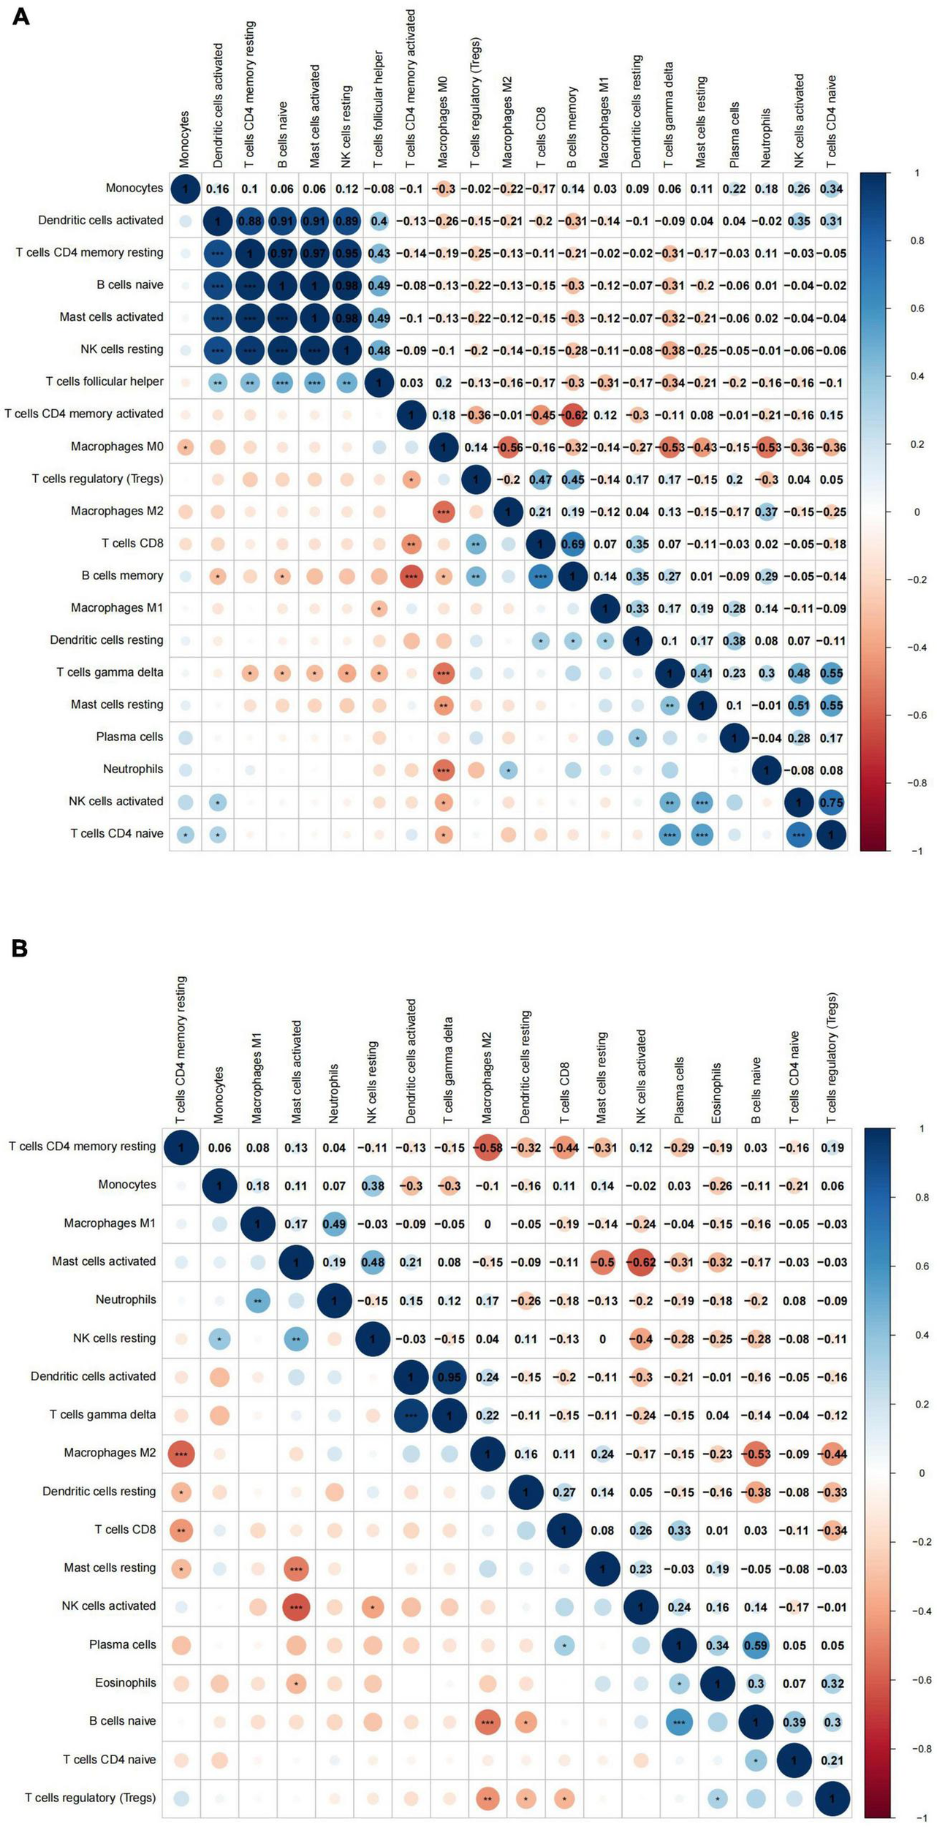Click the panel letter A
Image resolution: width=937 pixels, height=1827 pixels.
pyautogui.click(x=20, y=17)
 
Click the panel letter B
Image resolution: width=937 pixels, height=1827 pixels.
pyautogui.click(x=20, y=949)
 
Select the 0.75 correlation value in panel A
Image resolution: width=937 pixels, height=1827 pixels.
pyautogui.click(x=831, y=802)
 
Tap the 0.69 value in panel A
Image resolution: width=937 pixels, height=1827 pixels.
pyautogui.click(x=572, y=544)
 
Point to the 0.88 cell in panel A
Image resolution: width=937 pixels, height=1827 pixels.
pyautogui.click(x=249, y=221)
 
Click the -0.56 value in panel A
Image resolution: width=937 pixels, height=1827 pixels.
pyautogui.click(x=508, y=447)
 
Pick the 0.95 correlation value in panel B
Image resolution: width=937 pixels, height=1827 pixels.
pyautogui.click(x=449, y=1377)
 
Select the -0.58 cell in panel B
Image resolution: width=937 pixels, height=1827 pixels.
pyautogui.click(x=488, y=1147)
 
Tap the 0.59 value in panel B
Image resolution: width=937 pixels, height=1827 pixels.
pyautogui.click(x=756, y=1645)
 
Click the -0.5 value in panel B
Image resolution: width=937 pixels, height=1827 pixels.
pyautogui.click(x=602, y=1262)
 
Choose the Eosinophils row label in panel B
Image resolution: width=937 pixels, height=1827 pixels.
pyautogui.click(x=125, y=1682)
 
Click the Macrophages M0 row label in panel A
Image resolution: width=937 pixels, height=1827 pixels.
pyautogui.click(x=117, y=446)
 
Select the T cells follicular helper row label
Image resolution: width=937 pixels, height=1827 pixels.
pyautogui.click(x=105, y=381)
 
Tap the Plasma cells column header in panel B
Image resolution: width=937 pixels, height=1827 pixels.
pyautogui.click(x=679, y=1090)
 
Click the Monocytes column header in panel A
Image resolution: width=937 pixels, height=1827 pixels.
pyautogui.click(x=184, y=139)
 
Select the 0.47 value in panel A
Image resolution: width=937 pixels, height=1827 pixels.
pyautogui.click(x=540, y=479)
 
